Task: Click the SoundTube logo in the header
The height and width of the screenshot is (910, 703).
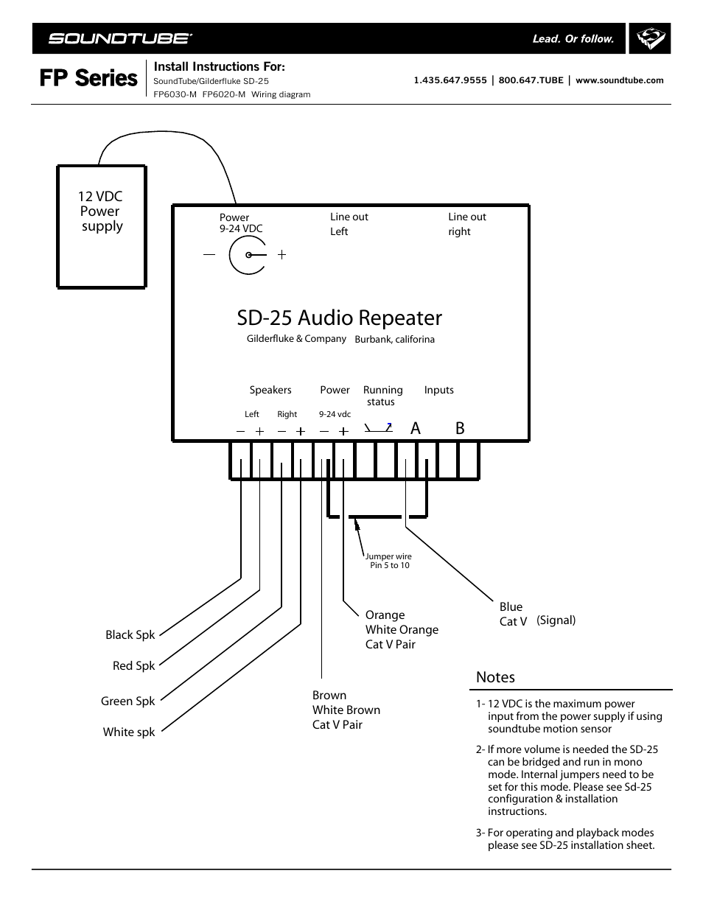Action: tap(120, 38)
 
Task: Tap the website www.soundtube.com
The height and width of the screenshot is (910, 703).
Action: tap(619, 80)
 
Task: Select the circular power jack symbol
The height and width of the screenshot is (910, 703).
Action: tap(248, 255)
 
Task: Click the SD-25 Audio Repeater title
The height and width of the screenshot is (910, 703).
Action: tap(339, 318)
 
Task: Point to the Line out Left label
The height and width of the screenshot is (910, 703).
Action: tap(349, 224)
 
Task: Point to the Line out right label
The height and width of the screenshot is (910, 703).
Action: tap(466, 224)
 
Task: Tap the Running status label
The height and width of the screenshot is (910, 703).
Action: tap(382, 396)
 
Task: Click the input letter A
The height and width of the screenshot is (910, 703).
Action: tap(416, 428)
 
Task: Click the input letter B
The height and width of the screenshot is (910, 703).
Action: tap(460, 428)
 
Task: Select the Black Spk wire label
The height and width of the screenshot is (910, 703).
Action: tap(130, 634)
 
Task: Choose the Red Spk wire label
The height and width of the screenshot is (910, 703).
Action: tap(133, 665)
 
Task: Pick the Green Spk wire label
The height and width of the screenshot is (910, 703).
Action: tap(127, 701)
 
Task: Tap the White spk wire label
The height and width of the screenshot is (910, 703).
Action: tap(129, 732)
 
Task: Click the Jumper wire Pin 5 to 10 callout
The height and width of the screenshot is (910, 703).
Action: tap(389, 561)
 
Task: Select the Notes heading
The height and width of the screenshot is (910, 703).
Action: tap(495, 677)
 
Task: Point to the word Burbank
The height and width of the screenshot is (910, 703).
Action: tap(372, 340)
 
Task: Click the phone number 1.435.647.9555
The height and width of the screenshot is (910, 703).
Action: tap(450, 80)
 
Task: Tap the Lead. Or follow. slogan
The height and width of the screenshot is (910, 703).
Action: tap(573, 39)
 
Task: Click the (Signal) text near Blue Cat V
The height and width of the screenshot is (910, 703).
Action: tap(556, 620)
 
